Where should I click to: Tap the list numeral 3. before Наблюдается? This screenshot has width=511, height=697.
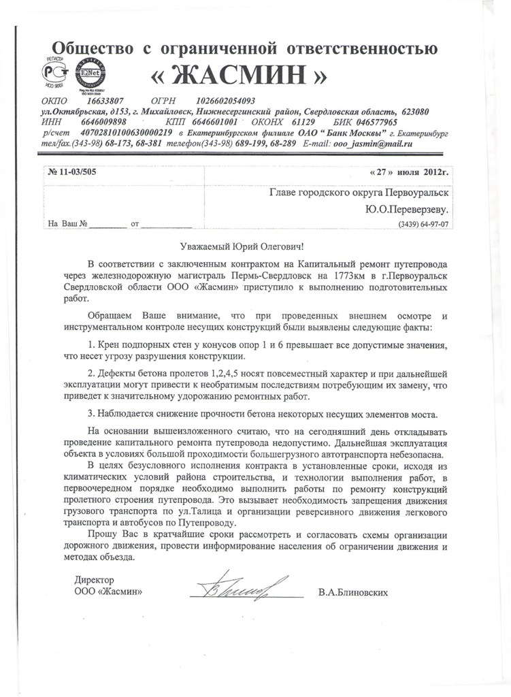(92, 415)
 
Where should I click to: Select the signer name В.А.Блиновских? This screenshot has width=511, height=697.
(352, 592)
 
